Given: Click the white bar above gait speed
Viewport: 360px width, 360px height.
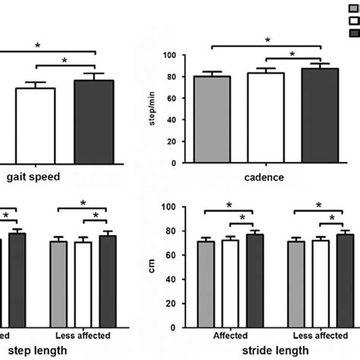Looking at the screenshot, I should pos(36,125).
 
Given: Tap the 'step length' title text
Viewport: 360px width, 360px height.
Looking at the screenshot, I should pos(37,349).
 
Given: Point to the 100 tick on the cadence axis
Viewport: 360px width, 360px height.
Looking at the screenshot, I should pos(179,55).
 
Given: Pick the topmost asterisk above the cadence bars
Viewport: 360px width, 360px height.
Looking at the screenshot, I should pos(267,40).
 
